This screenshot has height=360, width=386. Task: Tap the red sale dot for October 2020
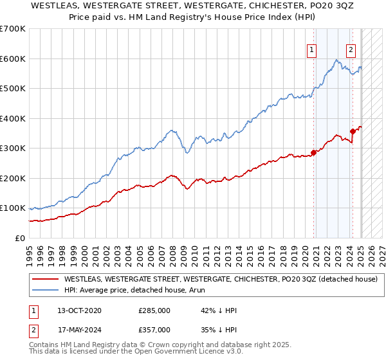[x=314, y=152]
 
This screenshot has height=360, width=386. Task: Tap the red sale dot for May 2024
[x=353, y=131]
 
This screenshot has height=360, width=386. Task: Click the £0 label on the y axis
[x=19, y=238]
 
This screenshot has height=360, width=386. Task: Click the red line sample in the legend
[x=45, y=279]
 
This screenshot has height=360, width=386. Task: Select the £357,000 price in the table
[x=154, y=329]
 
